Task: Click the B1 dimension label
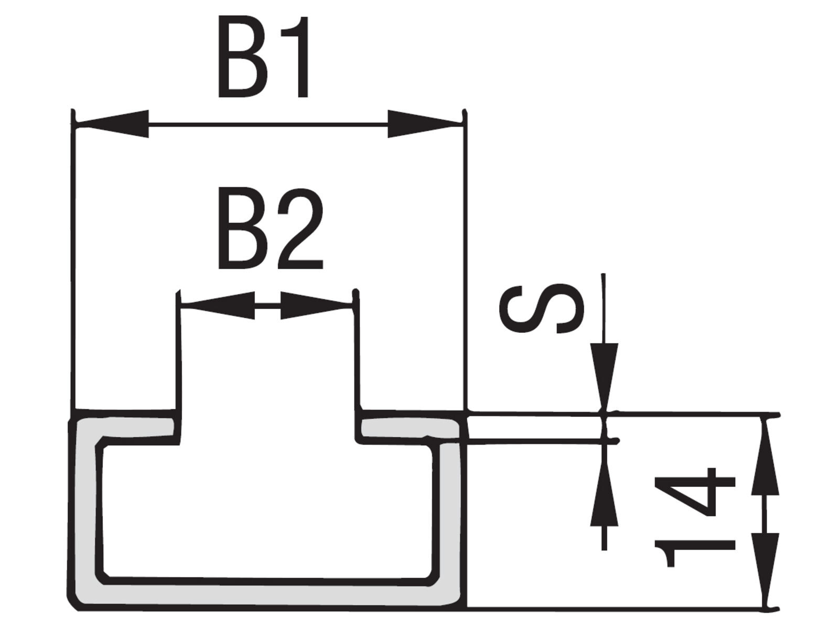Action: click(263, 57)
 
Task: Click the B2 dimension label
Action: click(271, 229)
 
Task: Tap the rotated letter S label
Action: click(542, 308)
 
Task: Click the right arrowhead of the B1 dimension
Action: click(424, 124)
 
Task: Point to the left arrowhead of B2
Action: click(217, 305)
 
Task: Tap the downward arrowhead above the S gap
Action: click(604, 376)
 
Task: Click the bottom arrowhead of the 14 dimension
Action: click(765, 571)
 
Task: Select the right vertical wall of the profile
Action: click(448, 514)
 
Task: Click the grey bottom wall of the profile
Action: click(267, 597)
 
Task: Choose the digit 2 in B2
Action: click(300, 229)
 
